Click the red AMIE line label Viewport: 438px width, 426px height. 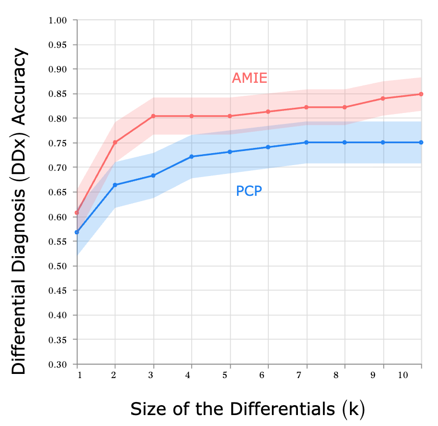pos(249,79)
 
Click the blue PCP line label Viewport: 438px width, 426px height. pos(249,192)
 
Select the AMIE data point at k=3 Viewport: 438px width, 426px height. pos(153,116)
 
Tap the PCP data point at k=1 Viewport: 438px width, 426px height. pos(77,232)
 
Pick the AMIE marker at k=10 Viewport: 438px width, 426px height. pos(421,94)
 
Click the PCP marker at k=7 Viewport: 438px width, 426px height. pos(306,142)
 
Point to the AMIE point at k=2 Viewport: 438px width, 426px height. pos(115,142)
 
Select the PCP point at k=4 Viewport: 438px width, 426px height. pos(192,157)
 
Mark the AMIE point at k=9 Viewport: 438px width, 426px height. pos(383,98)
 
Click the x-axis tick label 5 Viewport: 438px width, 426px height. pos(230,375)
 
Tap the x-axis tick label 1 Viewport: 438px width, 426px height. pos(78,375)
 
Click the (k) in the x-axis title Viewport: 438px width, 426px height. pos(354,409)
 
